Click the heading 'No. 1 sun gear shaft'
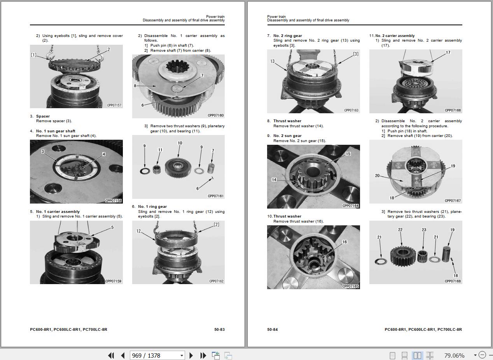pos(56,131)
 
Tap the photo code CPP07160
pos(216,116)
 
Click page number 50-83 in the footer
pos(219,330)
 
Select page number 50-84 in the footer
pos(273,330)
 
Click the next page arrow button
pos(191,355)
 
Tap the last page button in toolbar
pos(203,355)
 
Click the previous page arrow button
pos(123,355)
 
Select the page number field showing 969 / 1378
pos(157,355)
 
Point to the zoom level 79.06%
pos(454,356)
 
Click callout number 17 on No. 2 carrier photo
pos(448,53)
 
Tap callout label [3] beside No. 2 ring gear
pos(356,54)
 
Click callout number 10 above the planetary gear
pos(180,143)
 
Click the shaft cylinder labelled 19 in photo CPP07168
pos(446,255)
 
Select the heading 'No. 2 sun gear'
pos(287,136)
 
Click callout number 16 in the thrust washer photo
pos(344,242)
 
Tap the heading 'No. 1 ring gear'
pos(152,207)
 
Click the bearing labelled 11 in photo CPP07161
pos(156,169)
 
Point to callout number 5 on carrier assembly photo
pos(112,227)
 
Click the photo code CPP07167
pos(453,201)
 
